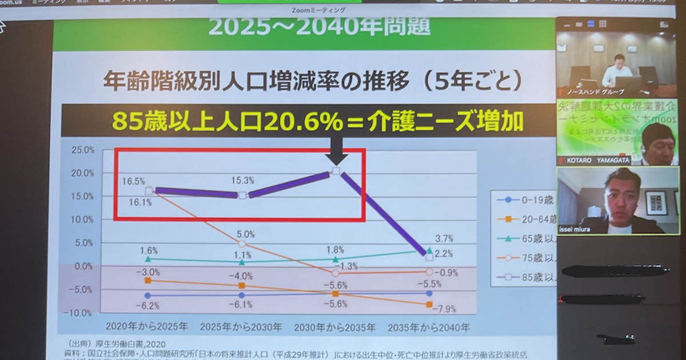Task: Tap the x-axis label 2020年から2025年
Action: tap(147, 328)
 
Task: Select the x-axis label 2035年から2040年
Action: tap(429, 328)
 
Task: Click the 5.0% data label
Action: tap(242, 234)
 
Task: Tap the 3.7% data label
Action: tap(429, 238)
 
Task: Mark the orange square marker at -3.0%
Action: tap(148, 281)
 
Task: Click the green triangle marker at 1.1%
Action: tap(242, 262)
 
